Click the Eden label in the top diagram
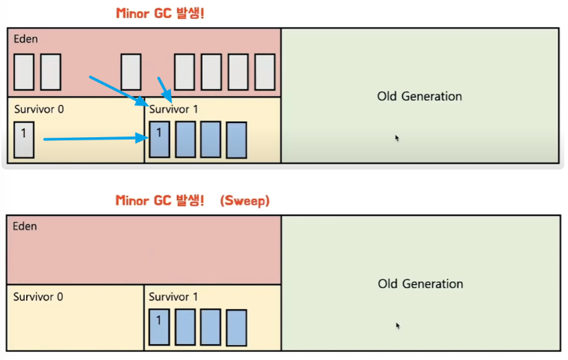tap(26, 37)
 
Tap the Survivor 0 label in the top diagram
tap(39, 109)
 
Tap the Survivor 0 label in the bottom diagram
tap(38, 296)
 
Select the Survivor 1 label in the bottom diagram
tap(174, 296)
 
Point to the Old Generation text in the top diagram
tap(419, 96)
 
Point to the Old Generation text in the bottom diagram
tap(420, 284)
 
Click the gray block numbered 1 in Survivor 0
tap(24, 139)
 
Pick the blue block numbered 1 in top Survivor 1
tap(159, 139)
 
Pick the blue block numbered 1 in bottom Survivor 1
tap(159, 327)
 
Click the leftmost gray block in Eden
tap(24, 72)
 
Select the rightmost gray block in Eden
tap(265, 72)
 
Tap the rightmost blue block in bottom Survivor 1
tap(236, 327)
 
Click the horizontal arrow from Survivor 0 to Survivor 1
tap(94, 138)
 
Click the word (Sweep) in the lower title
tap(245, 200)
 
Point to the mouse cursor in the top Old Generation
tap(397, 138)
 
